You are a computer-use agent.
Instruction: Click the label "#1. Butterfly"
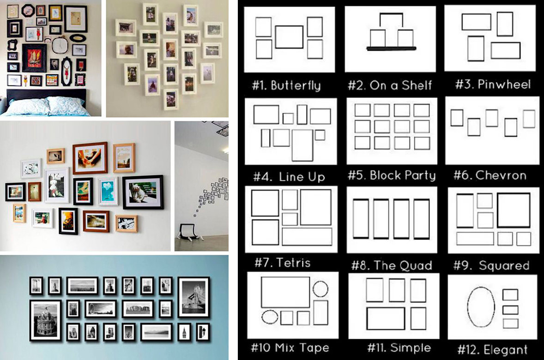point(286,85)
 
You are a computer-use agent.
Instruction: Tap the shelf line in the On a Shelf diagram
point(391,48)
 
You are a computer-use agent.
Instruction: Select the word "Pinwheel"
point(504,84)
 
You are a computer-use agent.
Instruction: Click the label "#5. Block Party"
point(392,175)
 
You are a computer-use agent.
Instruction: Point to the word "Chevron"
point(501,175)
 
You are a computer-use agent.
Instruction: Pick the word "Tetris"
point(294,263)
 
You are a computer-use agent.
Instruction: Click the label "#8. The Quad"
point(392,266)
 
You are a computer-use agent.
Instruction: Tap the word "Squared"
point(504,266)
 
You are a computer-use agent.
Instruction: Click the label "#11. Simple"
point(399,348)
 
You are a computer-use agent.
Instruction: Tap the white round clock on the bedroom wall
point(60,45)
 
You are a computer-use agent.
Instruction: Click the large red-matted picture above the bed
point(34,58)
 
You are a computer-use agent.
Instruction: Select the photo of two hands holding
point(90,158)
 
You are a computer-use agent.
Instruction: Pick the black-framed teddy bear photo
point(143,192)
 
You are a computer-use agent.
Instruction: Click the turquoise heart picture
point(108,191)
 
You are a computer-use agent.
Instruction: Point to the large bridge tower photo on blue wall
point(194,297)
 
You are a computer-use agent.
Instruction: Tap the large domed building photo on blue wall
point(45,320)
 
